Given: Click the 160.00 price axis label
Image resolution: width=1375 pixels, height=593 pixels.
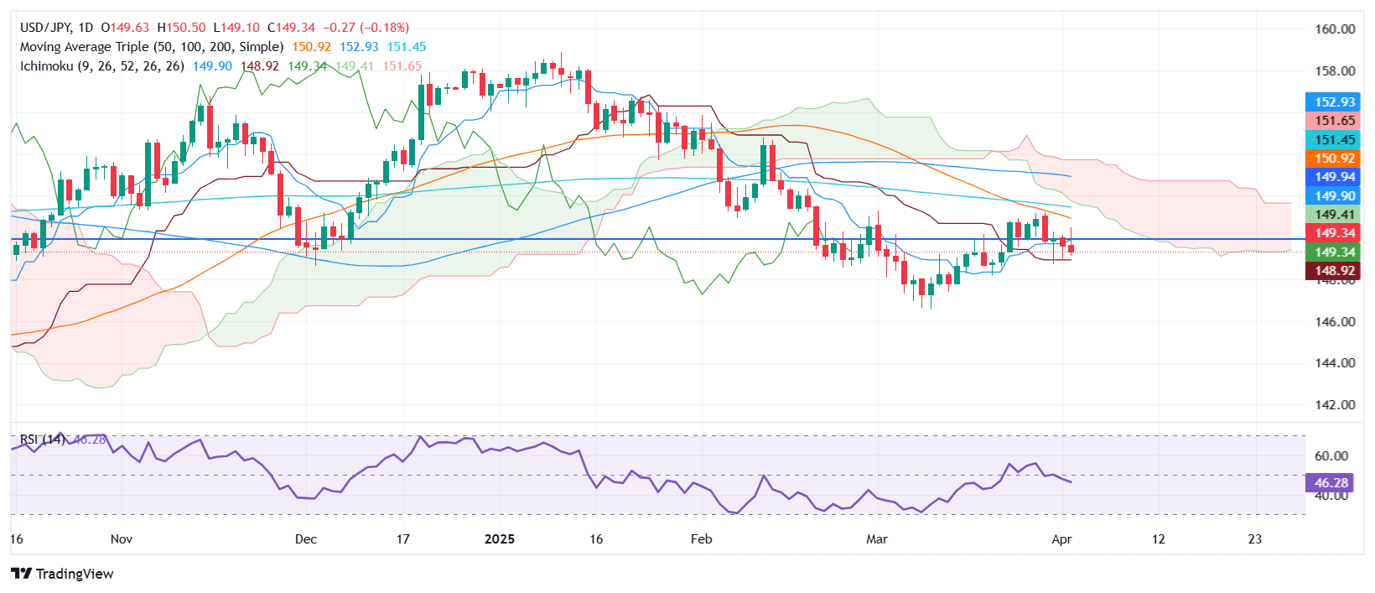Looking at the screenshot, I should tap(1335, 29).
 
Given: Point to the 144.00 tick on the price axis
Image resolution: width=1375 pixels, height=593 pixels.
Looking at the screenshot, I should tap(1335, 363).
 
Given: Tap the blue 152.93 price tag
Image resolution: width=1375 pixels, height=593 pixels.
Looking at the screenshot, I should tap(1334, 102).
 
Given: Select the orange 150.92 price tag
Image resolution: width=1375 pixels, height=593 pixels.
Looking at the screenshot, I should tap(1334, 159).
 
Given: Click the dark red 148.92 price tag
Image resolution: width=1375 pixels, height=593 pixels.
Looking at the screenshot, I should tap(1334, 271).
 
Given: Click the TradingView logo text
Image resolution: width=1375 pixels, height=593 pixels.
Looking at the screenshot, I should tap(63, 574).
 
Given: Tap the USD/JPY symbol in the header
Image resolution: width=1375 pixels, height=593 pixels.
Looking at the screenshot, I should tap(44, 28).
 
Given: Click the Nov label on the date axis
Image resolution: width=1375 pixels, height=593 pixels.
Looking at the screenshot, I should tap(122, 539).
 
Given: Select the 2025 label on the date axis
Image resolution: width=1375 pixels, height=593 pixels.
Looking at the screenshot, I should tap(500, 539).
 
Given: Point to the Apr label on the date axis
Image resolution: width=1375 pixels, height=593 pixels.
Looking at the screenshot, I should tap(1061, 539).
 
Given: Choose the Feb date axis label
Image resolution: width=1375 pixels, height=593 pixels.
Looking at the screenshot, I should tap(701, 539).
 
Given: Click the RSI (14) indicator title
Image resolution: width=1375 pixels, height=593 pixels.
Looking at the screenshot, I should tap(42, 440).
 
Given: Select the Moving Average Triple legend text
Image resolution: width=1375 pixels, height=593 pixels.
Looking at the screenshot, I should tap(84, 47).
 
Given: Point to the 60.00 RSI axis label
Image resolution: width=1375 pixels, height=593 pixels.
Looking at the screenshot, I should tap(1331, 456).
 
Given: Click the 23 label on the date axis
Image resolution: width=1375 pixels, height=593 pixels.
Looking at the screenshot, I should tap(1254, 539).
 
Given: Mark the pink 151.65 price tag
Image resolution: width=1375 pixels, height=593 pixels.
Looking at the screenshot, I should tap(1334, 121).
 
